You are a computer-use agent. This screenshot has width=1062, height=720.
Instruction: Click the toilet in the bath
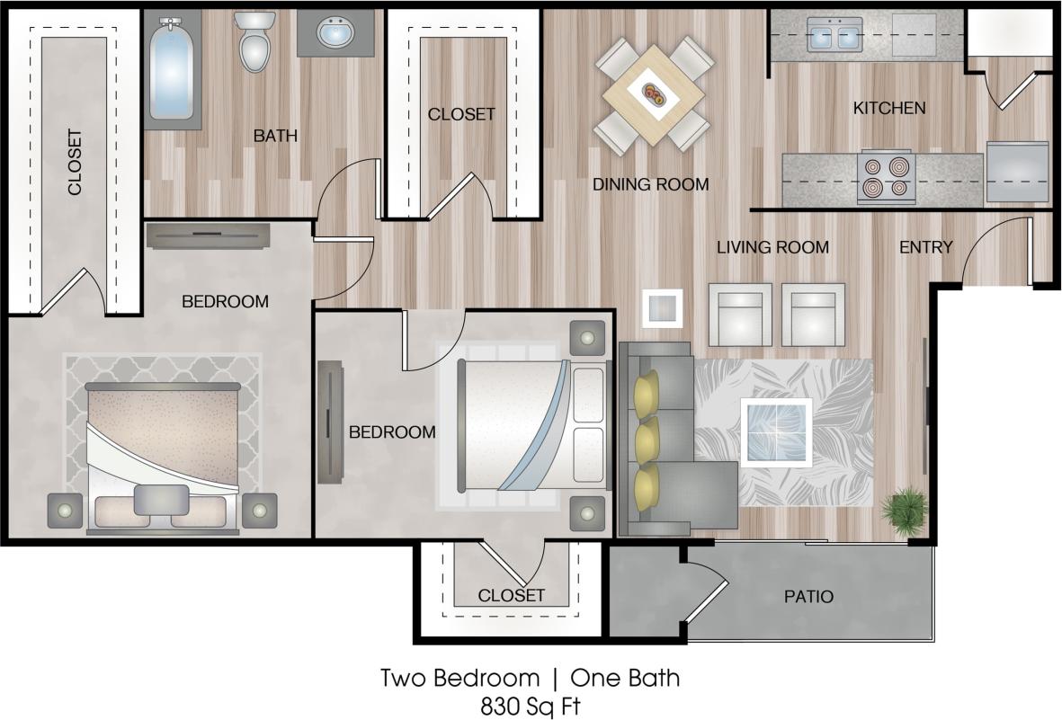pos(255,42)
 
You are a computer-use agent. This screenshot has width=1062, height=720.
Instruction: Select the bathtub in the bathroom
pos(172,70)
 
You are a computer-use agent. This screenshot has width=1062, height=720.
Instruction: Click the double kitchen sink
pos(834,37)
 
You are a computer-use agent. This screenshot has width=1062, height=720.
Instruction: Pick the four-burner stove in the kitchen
pos(886,176)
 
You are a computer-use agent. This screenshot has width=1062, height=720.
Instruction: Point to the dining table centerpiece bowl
pos(653,92)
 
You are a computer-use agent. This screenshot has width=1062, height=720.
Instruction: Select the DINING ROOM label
pos(650,185)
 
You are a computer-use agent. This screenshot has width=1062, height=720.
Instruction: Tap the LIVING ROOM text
pos(772,247)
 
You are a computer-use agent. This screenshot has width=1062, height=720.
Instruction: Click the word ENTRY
pos(925,247)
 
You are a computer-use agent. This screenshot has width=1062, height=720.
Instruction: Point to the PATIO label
pos(808,596)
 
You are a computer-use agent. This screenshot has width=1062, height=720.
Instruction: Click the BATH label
pos(274,137)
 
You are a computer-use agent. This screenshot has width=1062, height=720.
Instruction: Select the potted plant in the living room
pos(903,512)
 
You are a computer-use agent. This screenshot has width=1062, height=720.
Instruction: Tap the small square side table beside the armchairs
pos(662,307)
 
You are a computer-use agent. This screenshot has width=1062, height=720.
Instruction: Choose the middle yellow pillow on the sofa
pos(647,440)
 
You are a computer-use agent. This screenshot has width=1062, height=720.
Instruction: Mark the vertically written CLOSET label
pos(75,163)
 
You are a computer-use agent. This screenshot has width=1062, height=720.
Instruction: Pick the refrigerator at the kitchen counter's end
pos(1017,172)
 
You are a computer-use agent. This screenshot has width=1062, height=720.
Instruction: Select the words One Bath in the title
pos(625,677)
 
